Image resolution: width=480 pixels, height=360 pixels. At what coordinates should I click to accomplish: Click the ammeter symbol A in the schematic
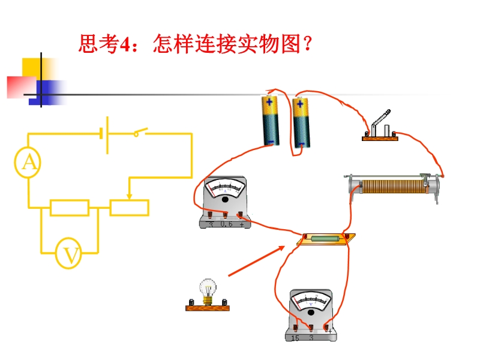(28, 162)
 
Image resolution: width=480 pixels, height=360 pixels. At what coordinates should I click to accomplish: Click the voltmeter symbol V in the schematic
(68, 253)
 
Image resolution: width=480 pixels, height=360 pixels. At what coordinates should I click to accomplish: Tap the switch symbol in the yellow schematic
(140, 132)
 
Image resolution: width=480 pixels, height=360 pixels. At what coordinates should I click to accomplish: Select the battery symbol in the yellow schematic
(104, 135)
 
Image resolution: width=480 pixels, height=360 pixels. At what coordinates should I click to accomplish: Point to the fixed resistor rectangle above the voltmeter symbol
(70, 208)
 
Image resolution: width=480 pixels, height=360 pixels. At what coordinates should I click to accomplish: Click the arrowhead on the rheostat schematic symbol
(130, 196)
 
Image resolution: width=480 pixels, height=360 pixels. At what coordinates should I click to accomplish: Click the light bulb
(208, 292)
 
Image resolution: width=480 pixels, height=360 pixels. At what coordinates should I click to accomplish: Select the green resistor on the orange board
(325, 238)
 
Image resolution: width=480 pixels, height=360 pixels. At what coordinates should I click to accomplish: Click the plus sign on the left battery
(269, 102)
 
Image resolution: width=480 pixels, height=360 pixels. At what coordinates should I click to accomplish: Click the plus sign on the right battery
(300, 104)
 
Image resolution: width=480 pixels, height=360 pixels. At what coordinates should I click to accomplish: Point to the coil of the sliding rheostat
(394, 187)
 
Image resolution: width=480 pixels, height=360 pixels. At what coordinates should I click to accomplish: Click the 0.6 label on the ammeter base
(227, 224)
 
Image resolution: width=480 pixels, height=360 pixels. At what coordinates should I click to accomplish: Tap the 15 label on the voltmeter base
(295, 338)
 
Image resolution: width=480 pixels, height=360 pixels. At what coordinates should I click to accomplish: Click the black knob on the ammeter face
(225, 200)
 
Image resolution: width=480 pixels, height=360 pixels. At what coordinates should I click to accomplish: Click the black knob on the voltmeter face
(311, 313)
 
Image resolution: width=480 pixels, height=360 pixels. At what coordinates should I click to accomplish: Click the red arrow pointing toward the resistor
(257, 261)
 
